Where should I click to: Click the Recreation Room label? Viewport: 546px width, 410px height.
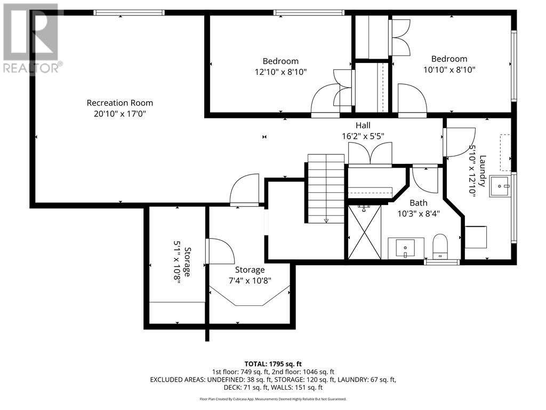tap(119, 103)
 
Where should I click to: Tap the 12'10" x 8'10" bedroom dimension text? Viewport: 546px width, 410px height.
tap(280, 72)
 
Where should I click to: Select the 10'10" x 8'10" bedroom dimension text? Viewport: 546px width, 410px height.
tap(449, 69)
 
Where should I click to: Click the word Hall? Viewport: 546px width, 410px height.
tap(363, 125)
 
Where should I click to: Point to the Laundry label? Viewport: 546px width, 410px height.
tap(482, 170)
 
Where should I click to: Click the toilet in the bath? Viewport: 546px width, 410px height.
tap(440, 246)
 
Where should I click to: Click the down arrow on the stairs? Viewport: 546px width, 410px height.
tap(326, 220)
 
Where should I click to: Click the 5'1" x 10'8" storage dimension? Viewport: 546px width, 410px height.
tap(176, 265)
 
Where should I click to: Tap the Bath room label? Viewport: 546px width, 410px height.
tap(418, 203)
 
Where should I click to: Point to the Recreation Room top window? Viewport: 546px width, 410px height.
tap(129, 13)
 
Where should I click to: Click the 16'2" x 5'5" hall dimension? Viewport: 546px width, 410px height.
tap(363, 136)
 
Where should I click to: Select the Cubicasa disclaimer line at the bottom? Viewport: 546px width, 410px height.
tap(272, 399)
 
